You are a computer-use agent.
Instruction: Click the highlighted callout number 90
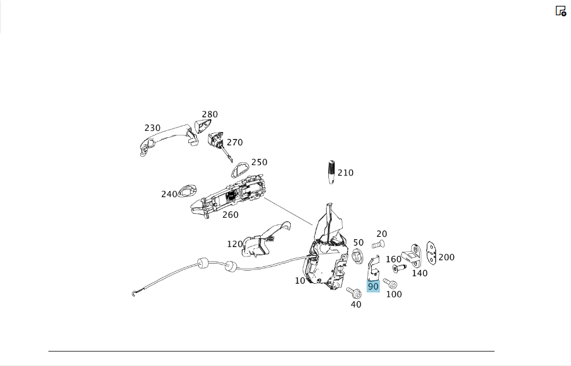click(373, 287)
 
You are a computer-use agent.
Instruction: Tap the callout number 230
click(152, 128)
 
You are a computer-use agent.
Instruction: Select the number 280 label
click(210, 114)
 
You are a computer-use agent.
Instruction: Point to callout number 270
click(235, 142)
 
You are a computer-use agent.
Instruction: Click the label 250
click(259, 162)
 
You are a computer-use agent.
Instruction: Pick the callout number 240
click(169, 194)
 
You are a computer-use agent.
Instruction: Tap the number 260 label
click(230, 215)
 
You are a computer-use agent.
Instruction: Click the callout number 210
click(345, 173)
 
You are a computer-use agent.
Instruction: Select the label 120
click(235, 244)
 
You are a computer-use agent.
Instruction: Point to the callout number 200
click(446, 258)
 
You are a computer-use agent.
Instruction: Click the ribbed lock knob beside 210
click(331, 172)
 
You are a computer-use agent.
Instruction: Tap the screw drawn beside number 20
click(379, 245)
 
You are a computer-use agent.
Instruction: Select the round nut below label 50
click(357, 257)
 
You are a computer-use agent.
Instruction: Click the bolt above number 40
click(354, 292)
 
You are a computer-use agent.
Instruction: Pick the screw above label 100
click(390, 284)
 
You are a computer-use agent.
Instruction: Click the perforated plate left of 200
click(431, 252)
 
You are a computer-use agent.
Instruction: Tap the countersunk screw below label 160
click(400, 268)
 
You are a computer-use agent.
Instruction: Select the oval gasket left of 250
click(240, 170)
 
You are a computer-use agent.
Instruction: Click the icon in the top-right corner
click(561, 11)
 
